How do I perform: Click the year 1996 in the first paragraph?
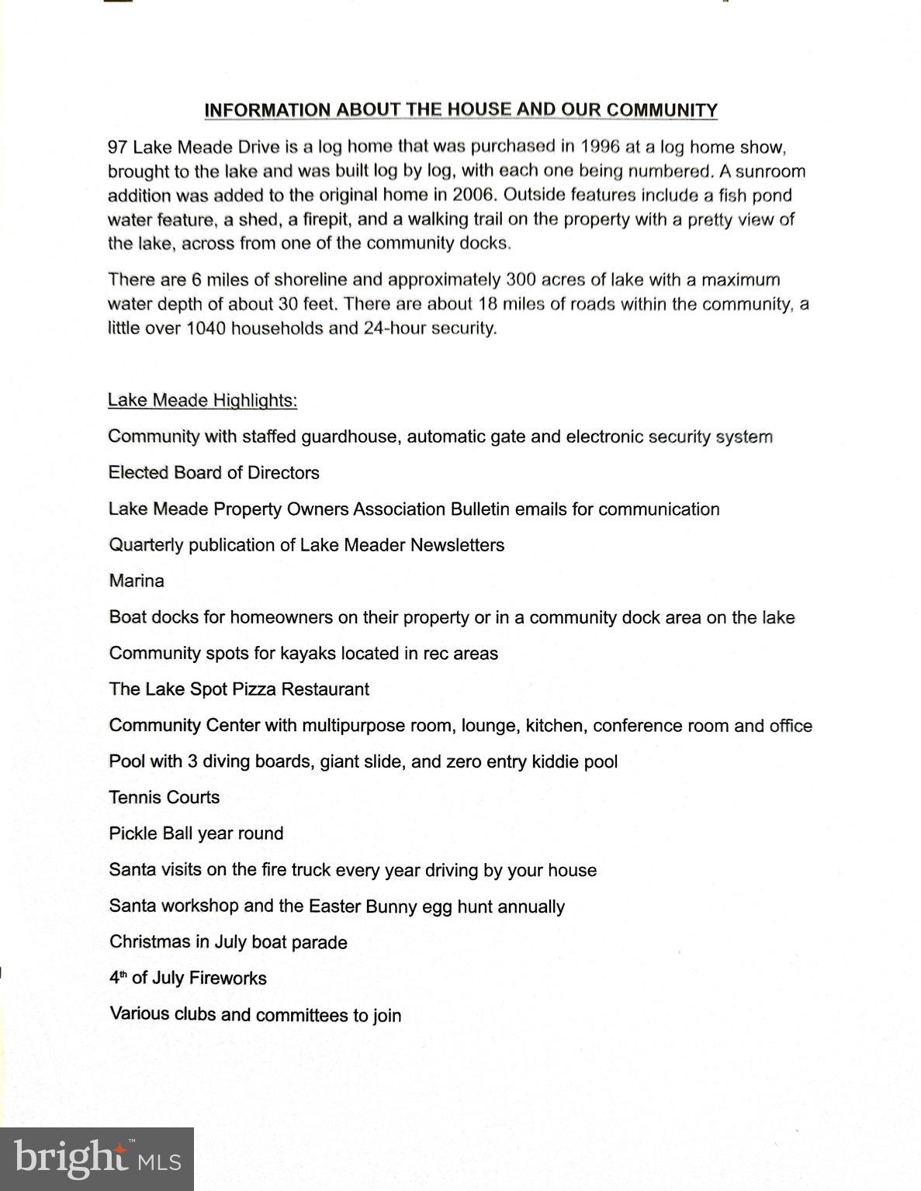(601, 147)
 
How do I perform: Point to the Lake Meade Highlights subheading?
(203, 400)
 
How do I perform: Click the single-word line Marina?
(137, 581)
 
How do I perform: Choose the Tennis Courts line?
(164, 797)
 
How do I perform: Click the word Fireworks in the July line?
(227, 978)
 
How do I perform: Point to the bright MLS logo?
(97, 1158)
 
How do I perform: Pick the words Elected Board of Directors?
(214, 472)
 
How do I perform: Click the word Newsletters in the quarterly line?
(457, 545)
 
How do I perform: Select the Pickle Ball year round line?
(196, 833)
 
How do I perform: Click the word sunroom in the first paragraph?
(770, 171)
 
